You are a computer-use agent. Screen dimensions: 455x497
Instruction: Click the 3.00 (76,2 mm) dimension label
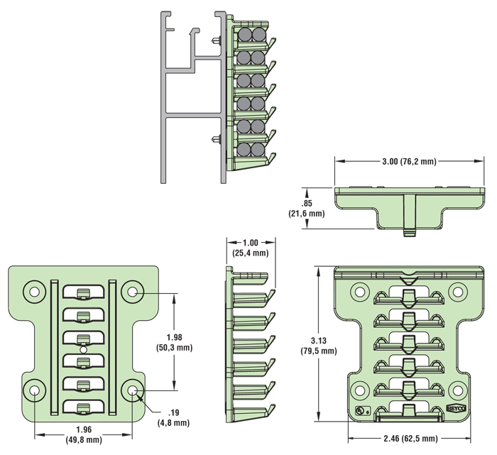[x=408, y=162]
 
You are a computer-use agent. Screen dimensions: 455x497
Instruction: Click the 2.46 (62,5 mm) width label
[x=410, y=438]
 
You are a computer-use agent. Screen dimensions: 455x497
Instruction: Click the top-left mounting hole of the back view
[x=33, y=290]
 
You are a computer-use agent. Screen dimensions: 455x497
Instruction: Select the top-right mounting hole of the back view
[x=133, y=290]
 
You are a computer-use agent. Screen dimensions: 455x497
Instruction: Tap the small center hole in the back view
[x=83, y=349]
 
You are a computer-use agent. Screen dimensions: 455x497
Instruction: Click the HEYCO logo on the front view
[x=456, y=410]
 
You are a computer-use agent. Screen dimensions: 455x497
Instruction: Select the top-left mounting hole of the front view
[x=359, y=290]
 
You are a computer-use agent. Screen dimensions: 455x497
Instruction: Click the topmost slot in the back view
[x=83, y=292]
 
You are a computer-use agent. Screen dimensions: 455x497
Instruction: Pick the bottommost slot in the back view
[x=83, y=407]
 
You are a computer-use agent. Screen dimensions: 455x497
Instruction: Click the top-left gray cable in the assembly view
[x=245, y=34]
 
